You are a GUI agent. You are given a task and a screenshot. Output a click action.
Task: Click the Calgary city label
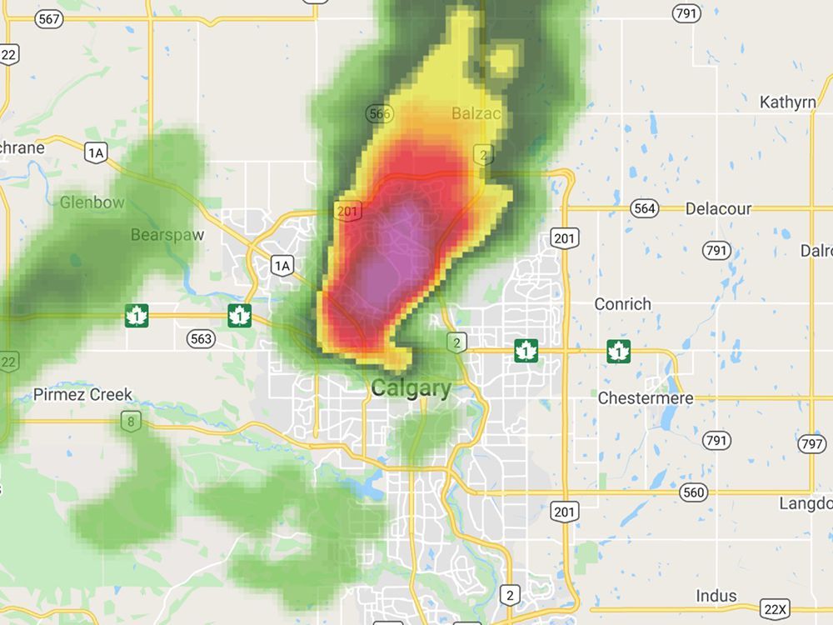point(412,388)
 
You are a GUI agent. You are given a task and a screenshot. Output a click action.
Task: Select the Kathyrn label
point(787,102)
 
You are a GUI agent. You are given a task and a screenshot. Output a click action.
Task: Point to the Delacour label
point(718,208)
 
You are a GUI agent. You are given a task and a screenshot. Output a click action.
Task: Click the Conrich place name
point(622,304)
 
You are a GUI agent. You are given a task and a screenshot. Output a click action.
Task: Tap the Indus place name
point(716,595)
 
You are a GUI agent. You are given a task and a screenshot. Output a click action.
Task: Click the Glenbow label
point(92,202)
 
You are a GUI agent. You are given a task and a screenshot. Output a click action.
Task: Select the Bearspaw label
point(167,235)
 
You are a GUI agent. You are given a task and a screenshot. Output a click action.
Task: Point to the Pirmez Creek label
point(83,394)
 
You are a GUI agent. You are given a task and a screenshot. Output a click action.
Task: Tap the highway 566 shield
point(379,114)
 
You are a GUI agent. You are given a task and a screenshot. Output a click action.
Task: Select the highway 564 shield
point(645,209)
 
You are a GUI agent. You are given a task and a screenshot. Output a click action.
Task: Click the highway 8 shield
point(130,422)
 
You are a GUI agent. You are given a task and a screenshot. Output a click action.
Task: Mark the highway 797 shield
point(812,444)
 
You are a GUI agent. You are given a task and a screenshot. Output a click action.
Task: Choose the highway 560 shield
point(693,492)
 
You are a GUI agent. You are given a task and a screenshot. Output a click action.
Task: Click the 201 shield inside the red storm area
point(347,212)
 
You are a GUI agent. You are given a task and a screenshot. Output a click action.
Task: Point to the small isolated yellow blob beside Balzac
point(502,59)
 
